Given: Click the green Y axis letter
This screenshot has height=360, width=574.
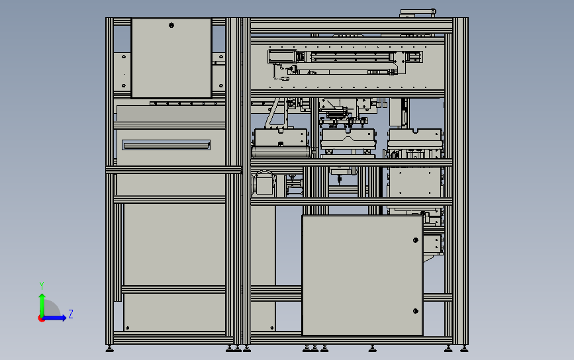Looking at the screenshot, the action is point(42,285).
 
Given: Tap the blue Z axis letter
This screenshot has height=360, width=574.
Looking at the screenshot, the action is point(71,314).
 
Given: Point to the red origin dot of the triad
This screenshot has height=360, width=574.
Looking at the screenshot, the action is point(42,318).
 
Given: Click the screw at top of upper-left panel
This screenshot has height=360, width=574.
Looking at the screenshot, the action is point(171,26).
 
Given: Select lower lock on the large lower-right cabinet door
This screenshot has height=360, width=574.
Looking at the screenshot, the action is point(415,310).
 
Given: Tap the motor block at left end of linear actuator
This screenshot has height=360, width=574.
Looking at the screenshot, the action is point(277,56).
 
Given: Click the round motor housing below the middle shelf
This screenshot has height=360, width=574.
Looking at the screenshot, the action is point(263,182).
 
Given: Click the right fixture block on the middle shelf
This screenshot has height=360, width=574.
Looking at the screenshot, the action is point(415,138).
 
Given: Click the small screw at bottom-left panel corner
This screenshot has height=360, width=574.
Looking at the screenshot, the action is point(127,326).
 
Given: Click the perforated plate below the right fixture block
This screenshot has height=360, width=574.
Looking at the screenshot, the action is point(414,181).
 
